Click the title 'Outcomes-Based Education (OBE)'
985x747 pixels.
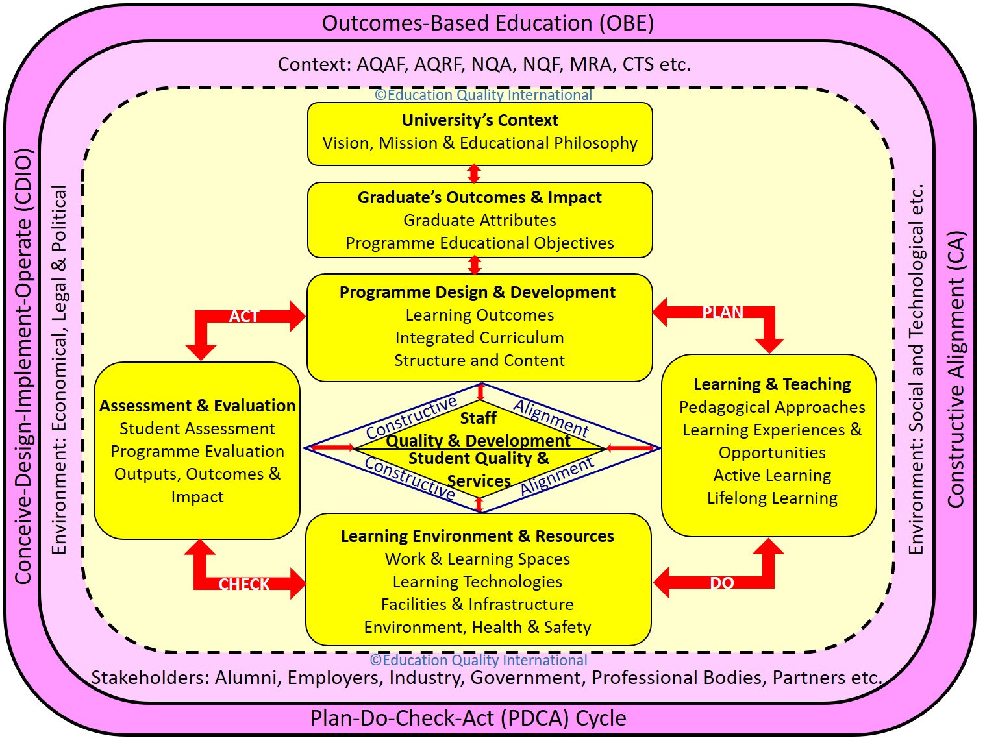coord(488,23)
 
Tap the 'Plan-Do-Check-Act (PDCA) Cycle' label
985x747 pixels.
coord(468,718)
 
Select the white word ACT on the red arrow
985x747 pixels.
coord(244,316)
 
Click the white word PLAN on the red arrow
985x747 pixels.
coord(723,312)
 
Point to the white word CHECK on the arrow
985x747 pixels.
coord(244,584)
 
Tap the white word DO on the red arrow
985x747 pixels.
coord(722,583)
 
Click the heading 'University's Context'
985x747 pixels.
coord(480,120)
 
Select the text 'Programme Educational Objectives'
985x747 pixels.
coord(480,243)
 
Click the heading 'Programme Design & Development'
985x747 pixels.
coord(477,292)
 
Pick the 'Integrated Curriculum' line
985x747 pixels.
coord(480,337)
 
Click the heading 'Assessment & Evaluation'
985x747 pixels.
coord(197,406)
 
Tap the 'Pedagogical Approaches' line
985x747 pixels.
coord(772,407)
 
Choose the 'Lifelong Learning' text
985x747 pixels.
coord(772,498)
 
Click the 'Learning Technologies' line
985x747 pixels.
coord(477,582)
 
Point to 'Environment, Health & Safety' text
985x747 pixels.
coord(477,627)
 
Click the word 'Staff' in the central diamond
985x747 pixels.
coord(479,418)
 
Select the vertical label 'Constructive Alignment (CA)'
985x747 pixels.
coord(956,370)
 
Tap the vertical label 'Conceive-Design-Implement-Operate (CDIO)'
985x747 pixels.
coord(23,367)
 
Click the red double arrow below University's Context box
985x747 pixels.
coord(475,174)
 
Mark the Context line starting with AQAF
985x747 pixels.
coord(484,64)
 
